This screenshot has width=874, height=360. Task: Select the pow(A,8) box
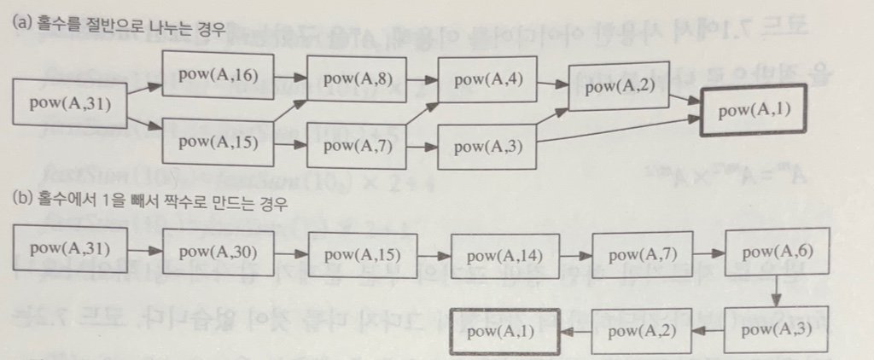point(352,78)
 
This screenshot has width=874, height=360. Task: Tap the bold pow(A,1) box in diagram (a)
point(753,111)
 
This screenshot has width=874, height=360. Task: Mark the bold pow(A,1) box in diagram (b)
point(504,331)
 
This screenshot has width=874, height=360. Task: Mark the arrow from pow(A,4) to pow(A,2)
point(555,84)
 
